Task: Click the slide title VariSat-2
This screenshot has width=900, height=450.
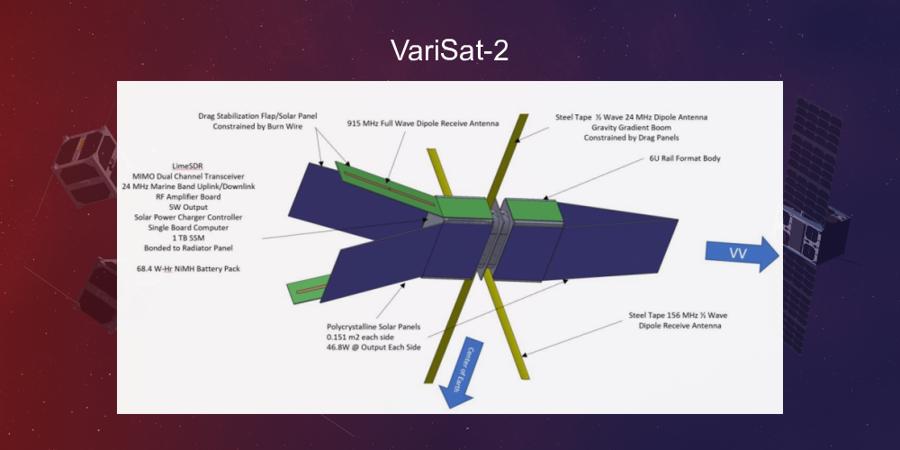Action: pyautogui.click(x=450, y=50)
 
